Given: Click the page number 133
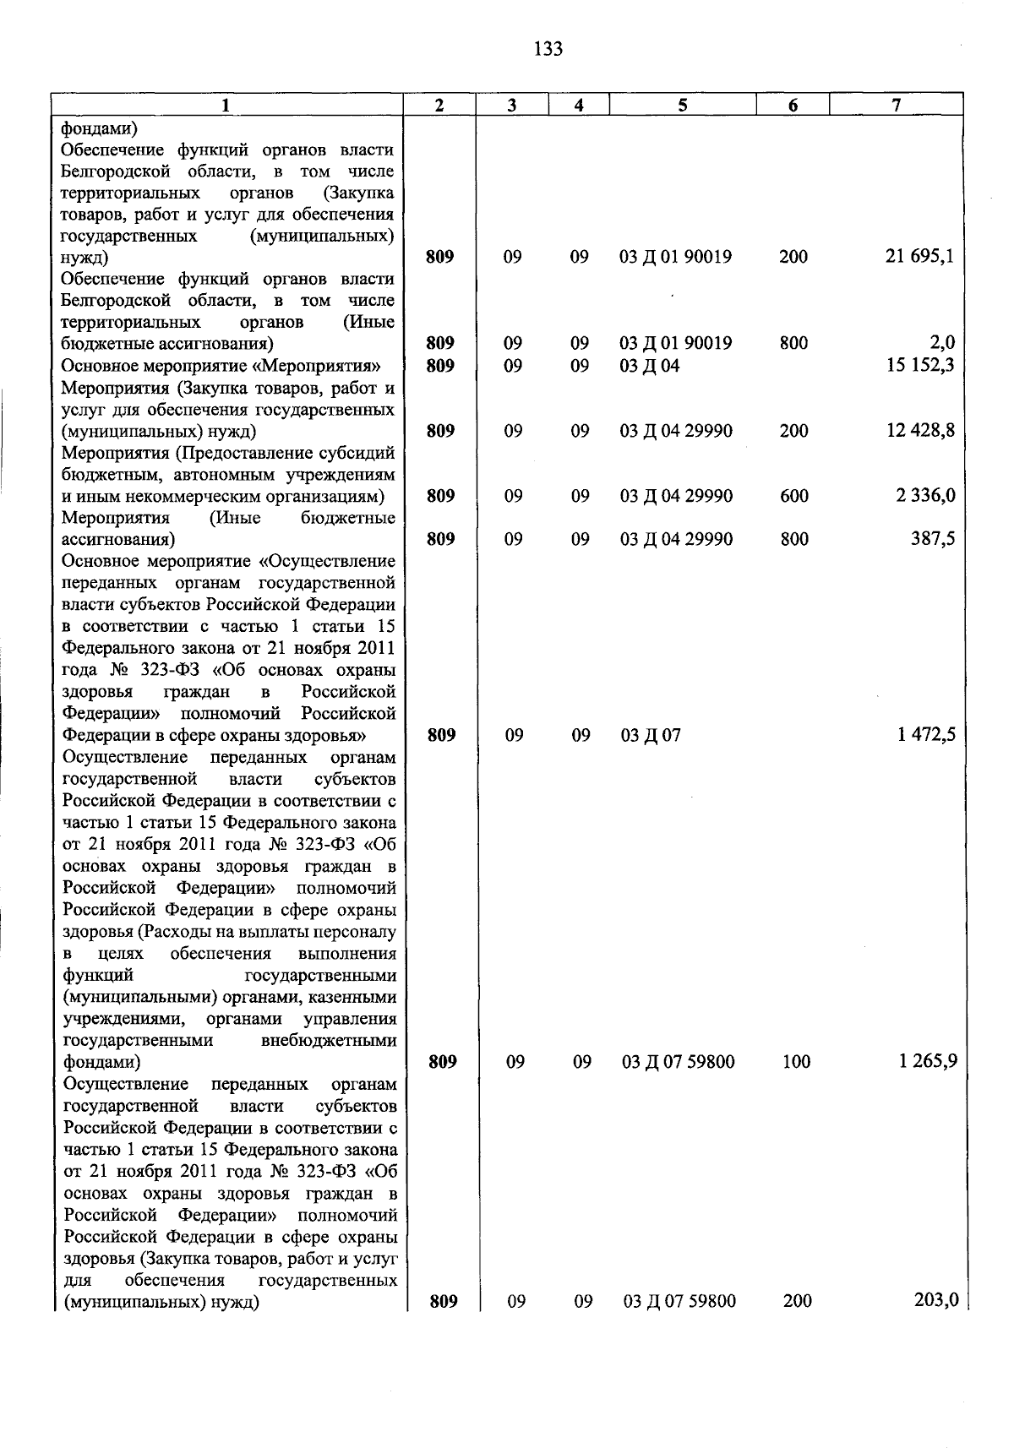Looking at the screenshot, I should [x=548, y=49].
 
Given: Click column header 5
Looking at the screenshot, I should [x=682, y=105].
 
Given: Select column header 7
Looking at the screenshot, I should [x=896, y=105].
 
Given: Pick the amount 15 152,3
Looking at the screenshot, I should [x=919, y=365].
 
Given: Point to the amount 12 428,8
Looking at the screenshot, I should [x=920, y=431].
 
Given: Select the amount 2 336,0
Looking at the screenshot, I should [x=925, y=496].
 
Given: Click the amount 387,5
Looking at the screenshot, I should [x=933, y=539].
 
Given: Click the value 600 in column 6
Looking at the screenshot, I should [x=794, y=496].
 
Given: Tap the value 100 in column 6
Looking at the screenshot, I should [x=796, y=1062].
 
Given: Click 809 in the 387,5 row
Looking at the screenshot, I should [x=441, y=539].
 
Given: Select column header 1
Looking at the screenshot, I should [x=226, y=105].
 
